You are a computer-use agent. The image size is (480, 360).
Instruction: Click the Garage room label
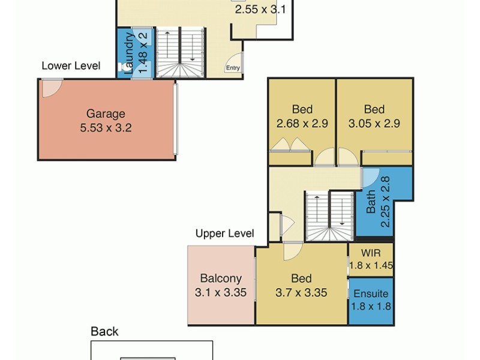pyautogui.click(x=106, y=113)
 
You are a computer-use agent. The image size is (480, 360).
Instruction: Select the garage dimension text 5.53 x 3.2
pyautogui.click(x=106, y=127)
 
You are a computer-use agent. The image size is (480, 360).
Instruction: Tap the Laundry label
pyautogui.click(x=128, y=53)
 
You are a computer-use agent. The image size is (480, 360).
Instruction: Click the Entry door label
pyautogui.click(x=233, y=68)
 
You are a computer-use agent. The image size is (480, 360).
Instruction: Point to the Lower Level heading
pyautogui.click(x=71, y=66)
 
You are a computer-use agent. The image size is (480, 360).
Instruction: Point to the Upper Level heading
pyautogui.click(x=224, y=233)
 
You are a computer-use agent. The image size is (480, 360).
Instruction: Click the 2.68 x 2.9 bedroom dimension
pyautogui.click(x=302, y=124)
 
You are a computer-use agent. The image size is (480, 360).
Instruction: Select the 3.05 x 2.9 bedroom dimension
pyautogui.click(x=374, y=124)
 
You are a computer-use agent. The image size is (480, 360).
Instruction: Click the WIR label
pyautogui.click(x=371, y=253)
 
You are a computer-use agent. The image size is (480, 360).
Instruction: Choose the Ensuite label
pyautogui.click(x=371, y=294)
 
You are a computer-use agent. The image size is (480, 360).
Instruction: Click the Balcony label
pyautogui.click(x=221, y=278)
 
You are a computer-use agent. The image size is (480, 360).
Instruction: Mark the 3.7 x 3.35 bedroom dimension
pyautogui.click(x=301, y=293)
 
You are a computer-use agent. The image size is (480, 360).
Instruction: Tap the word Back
pyautogui.click(x=104, y=331)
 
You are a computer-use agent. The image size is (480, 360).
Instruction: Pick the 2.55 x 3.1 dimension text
pyautogui.click(x=260, y=10)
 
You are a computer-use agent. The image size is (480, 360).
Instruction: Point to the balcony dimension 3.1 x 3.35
pyautogui.click(x=221, y=293)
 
